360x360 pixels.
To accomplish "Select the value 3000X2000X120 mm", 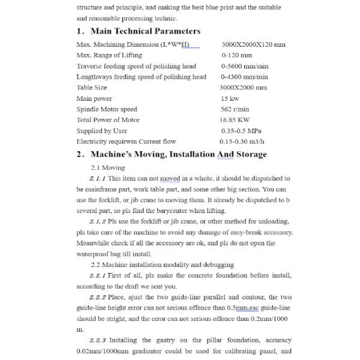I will [253, 45].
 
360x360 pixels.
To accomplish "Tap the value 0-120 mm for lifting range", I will [236, 56].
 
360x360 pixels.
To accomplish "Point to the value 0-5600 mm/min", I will [244, 67].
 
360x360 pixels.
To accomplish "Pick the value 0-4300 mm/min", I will [244, 77].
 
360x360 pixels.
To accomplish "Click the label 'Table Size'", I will [92, 88].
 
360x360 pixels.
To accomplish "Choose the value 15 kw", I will [230, 98].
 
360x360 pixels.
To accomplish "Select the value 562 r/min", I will [235, 109].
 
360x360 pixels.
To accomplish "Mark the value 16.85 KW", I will [235, 120].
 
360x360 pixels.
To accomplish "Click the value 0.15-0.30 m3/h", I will [242, 142].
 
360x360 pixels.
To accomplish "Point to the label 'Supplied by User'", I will [102, 131].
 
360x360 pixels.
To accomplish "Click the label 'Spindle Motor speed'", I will [107, 109].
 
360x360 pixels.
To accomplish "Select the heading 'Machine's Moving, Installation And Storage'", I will [179, 155].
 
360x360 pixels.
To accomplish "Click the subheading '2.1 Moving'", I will [108, 168].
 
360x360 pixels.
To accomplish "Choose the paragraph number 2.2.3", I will [98, 341].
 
